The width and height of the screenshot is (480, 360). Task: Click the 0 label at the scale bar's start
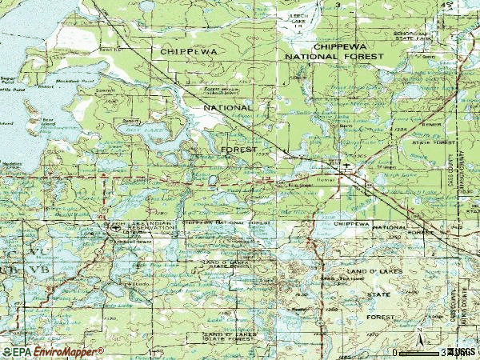click(x=395, y=352)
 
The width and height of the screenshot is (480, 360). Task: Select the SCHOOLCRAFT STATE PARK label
click(x=435, y=37)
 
